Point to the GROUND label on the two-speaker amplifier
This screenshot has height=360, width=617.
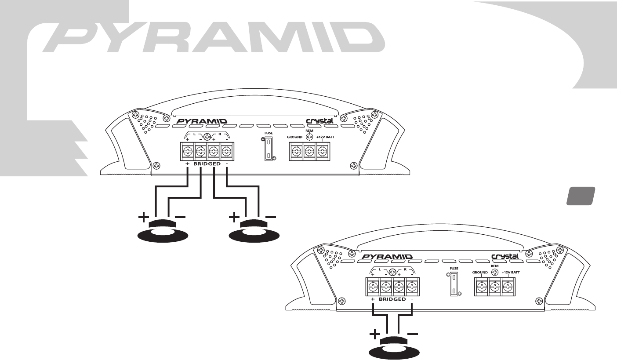(x=296, y=137)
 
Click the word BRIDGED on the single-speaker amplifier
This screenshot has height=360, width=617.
(x=392, y=299)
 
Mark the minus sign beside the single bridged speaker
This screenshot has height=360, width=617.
(x=413, y=335)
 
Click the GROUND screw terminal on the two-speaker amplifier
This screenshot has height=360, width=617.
(x=297, y=152)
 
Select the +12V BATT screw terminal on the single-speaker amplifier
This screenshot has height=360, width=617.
(x=508, y=287)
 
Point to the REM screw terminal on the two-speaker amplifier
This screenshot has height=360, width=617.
(x=309, y=152)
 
